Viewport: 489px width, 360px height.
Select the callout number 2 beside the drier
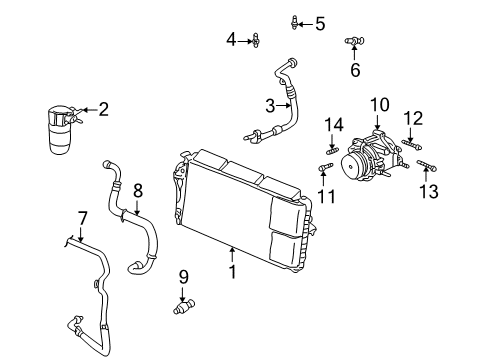coord(103,110)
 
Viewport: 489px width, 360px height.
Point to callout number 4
coord(231,40)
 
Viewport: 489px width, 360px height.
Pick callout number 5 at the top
coord(319,24)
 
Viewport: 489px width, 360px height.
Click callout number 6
coord(354,69)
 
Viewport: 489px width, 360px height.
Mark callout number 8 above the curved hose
coord(138,188)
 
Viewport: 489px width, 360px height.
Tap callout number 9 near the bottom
coord(184,276)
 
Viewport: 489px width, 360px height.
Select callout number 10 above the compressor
coord(379,105)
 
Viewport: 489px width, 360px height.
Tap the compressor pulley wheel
coord(355,168)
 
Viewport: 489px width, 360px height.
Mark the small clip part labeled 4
coord(257,40)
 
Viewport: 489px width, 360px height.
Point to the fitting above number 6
coord(353,40)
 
